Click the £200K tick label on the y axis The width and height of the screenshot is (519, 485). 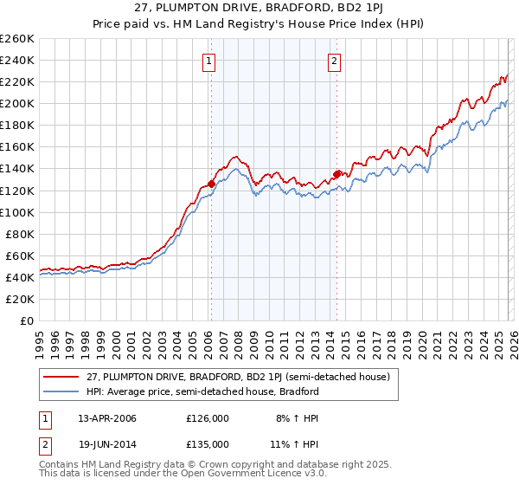pyautogui.click(x=16, y=103)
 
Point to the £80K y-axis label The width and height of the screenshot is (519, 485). pyautogui.click(x=19, y=234)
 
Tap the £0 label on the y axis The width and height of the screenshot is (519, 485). pyautogui.click(x=25, y=320)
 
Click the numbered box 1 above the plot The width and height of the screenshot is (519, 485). pyautogui.click(x=210, y=61)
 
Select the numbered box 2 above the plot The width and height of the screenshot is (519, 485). pyautogui.click(x=334, y=61)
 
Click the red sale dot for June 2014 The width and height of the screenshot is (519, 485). pyautogui.click(x=336, y=173)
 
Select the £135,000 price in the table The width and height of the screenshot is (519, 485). pyautogui.click(x=208, y=443)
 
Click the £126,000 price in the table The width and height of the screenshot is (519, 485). pyautogui.click(x=208, y=418)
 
